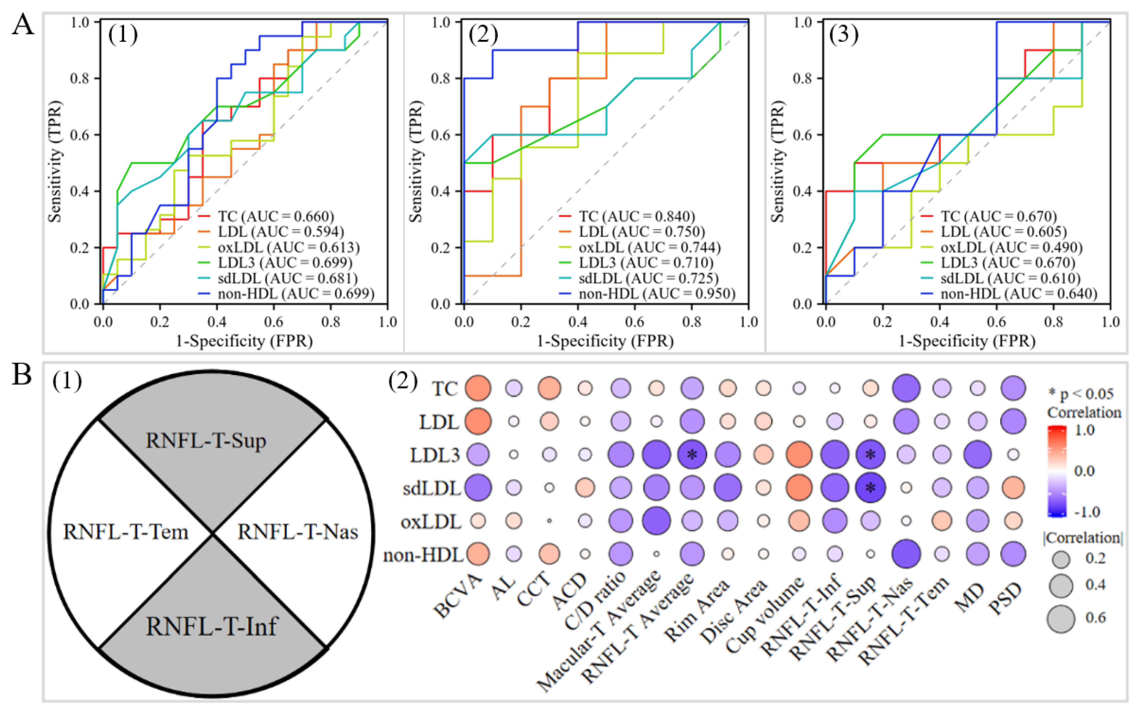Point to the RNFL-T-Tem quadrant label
click(126, 532)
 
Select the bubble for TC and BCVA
click(478, 388)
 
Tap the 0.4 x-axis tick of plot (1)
click(217, 322)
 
